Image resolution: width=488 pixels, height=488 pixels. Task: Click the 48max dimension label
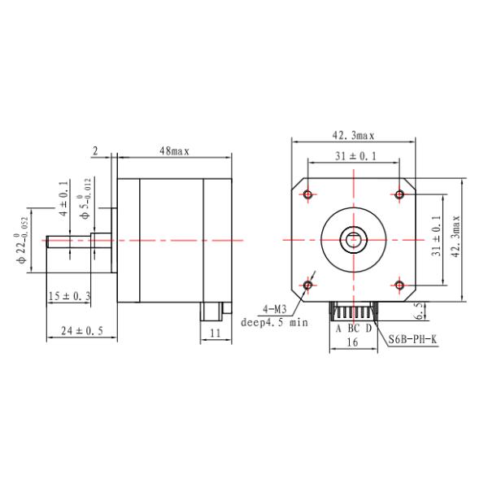coord(174,151)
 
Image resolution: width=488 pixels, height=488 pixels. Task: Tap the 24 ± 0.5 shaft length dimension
coord(82,330)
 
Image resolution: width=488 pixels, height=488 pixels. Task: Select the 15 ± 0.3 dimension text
coord(69,296)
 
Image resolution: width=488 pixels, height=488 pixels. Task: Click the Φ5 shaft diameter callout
coord(85,198)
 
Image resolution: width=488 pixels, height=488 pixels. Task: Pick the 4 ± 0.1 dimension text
coord(63,199)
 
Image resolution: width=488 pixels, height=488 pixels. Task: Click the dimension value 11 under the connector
coord(216,333)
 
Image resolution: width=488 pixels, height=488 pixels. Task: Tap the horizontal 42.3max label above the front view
coord(353,135)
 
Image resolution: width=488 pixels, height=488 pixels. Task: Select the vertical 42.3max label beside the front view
coord(455,237)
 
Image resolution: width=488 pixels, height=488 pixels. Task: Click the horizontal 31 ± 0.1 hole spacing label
coord(355,156)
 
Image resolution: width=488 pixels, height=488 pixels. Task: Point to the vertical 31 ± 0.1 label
coord(436,236)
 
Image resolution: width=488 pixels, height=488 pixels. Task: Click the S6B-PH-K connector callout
coord(412,339)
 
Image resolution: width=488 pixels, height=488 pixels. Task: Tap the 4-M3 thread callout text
coord(275,309)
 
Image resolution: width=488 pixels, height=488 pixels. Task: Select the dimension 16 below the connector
coord(352,342)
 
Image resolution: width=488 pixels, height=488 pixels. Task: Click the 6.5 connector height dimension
coord(420,311)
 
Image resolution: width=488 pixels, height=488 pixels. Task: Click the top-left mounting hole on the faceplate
coord(307,194)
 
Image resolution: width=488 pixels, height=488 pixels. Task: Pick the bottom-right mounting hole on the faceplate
coord(399,285)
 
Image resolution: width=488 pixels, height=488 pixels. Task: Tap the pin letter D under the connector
coord(368,328)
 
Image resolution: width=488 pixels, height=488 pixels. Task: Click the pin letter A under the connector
coord(338,328)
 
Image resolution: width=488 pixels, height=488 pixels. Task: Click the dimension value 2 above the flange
coord(95,151)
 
